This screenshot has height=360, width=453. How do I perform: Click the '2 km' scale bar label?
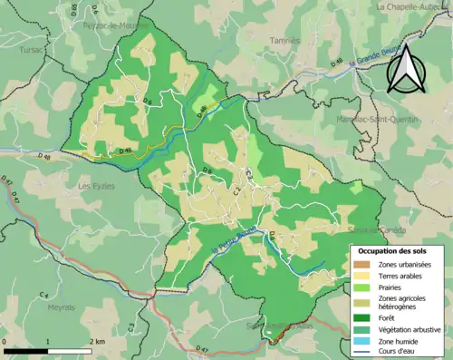[x=96, y=340]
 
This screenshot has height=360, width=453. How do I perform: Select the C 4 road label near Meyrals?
[x=43, y=296]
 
